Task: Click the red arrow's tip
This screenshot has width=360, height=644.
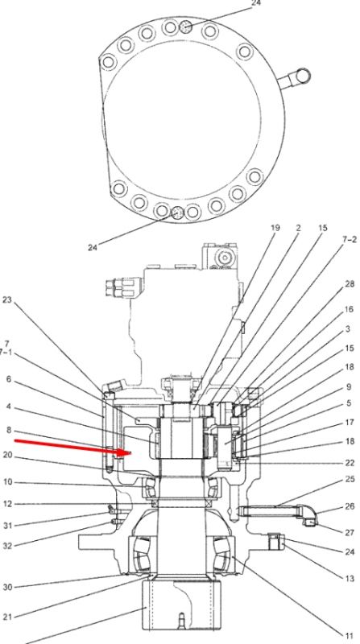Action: [x=130, y=452]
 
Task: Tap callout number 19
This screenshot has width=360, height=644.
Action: [x=275, y=228]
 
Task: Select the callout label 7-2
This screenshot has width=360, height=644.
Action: [x=350, y=240]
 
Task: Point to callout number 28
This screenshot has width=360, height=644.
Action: [x=350, y=284]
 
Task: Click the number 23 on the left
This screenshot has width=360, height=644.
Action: [x=7, y=300]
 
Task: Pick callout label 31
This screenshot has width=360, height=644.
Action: [x=8, y=526]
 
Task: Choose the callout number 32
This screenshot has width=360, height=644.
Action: [x=8, y=546]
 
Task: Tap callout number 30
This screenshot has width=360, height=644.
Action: [x=8, y=588]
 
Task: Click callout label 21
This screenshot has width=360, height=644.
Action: [x=8, y=617]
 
